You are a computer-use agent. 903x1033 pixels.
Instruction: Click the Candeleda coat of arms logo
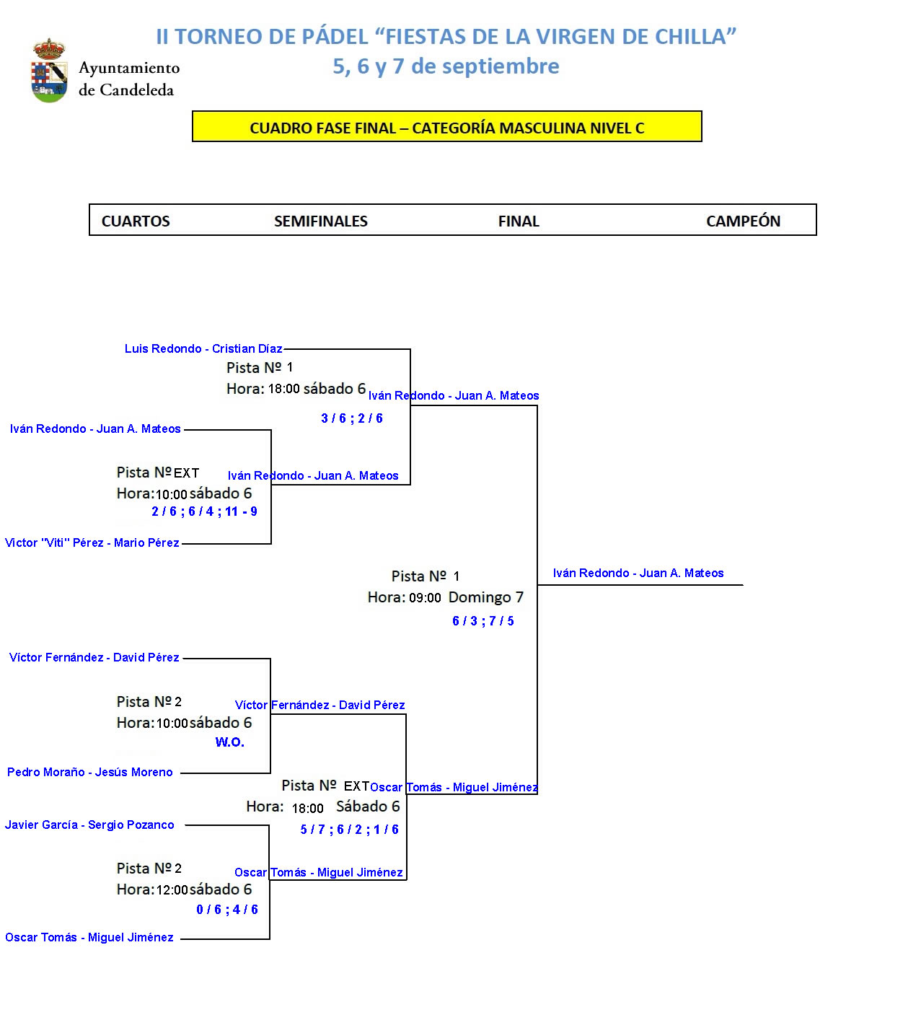pos(50,71)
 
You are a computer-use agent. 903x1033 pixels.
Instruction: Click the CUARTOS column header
pos(136,221)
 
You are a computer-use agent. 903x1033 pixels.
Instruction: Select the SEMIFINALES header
pos(321,221)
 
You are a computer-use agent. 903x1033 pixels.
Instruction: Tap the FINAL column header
pos(519,221)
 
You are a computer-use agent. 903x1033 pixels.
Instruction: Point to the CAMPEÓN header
pos(743,221)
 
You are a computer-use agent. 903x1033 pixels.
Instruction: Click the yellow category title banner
pos(446,127)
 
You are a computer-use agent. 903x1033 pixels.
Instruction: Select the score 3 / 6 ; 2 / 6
pos(352,418)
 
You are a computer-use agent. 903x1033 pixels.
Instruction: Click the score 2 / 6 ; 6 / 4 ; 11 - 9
pos(204,511)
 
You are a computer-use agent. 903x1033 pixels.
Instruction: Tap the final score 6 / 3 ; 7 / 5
pos(483,621)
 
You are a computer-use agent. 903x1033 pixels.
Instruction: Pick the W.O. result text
pos(230,742)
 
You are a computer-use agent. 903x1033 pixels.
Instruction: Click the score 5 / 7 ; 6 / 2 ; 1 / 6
pos(350,830)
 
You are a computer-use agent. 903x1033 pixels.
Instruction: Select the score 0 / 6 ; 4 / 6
pos(227,910)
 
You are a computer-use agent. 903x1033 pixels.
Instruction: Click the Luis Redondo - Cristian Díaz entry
pos(203,349)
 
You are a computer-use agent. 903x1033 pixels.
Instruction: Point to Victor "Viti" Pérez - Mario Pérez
pos(92,543)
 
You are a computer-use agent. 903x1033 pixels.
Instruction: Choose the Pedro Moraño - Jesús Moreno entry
pos(90,773)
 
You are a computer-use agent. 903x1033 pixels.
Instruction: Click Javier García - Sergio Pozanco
pos(89,825)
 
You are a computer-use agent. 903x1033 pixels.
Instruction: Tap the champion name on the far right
pos(638,573)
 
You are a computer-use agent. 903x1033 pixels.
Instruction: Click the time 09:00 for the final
pos(425,598)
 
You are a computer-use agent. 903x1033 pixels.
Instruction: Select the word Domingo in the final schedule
pos(480,597)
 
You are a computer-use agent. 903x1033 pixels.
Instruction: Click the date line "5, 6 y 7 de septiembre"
pos(446,66)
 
